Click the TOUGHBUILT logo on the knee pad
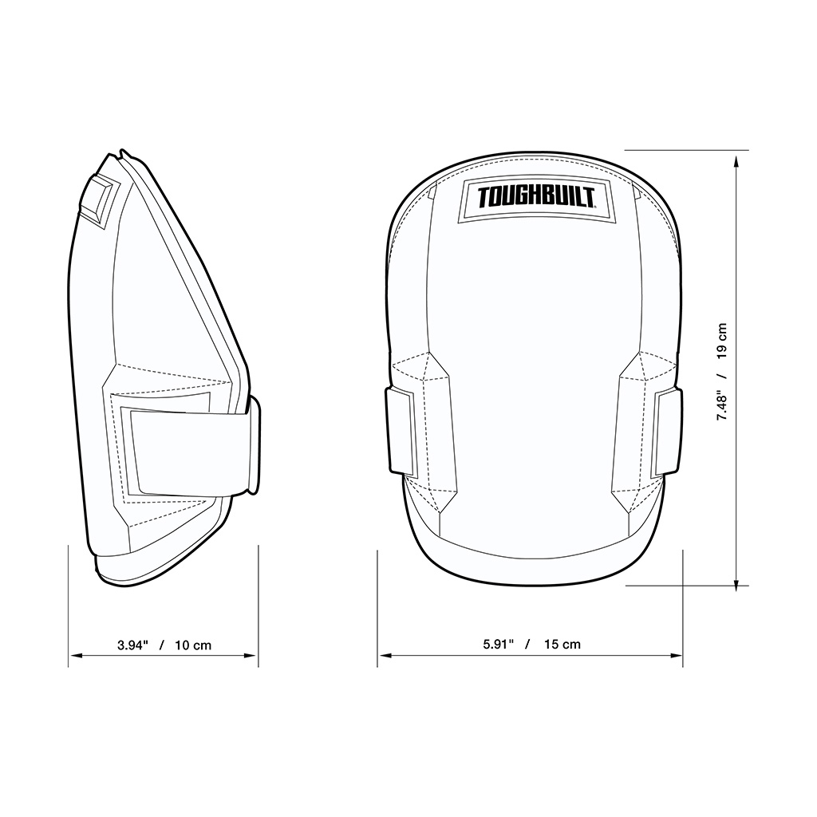pyautogui.click(x=535, y=199)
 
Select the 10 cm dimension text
pyautogui.click(x=193, y=645)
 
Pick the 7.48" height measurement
pyautogui.click(x=722, y=406)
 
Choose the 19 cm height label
pyautogui.click(x=722, y=341)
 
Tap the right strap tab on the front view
pyautogui.click(x=669, y=432)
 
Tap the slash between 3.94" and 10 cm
pyautogui.click(x=162, y=645)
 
